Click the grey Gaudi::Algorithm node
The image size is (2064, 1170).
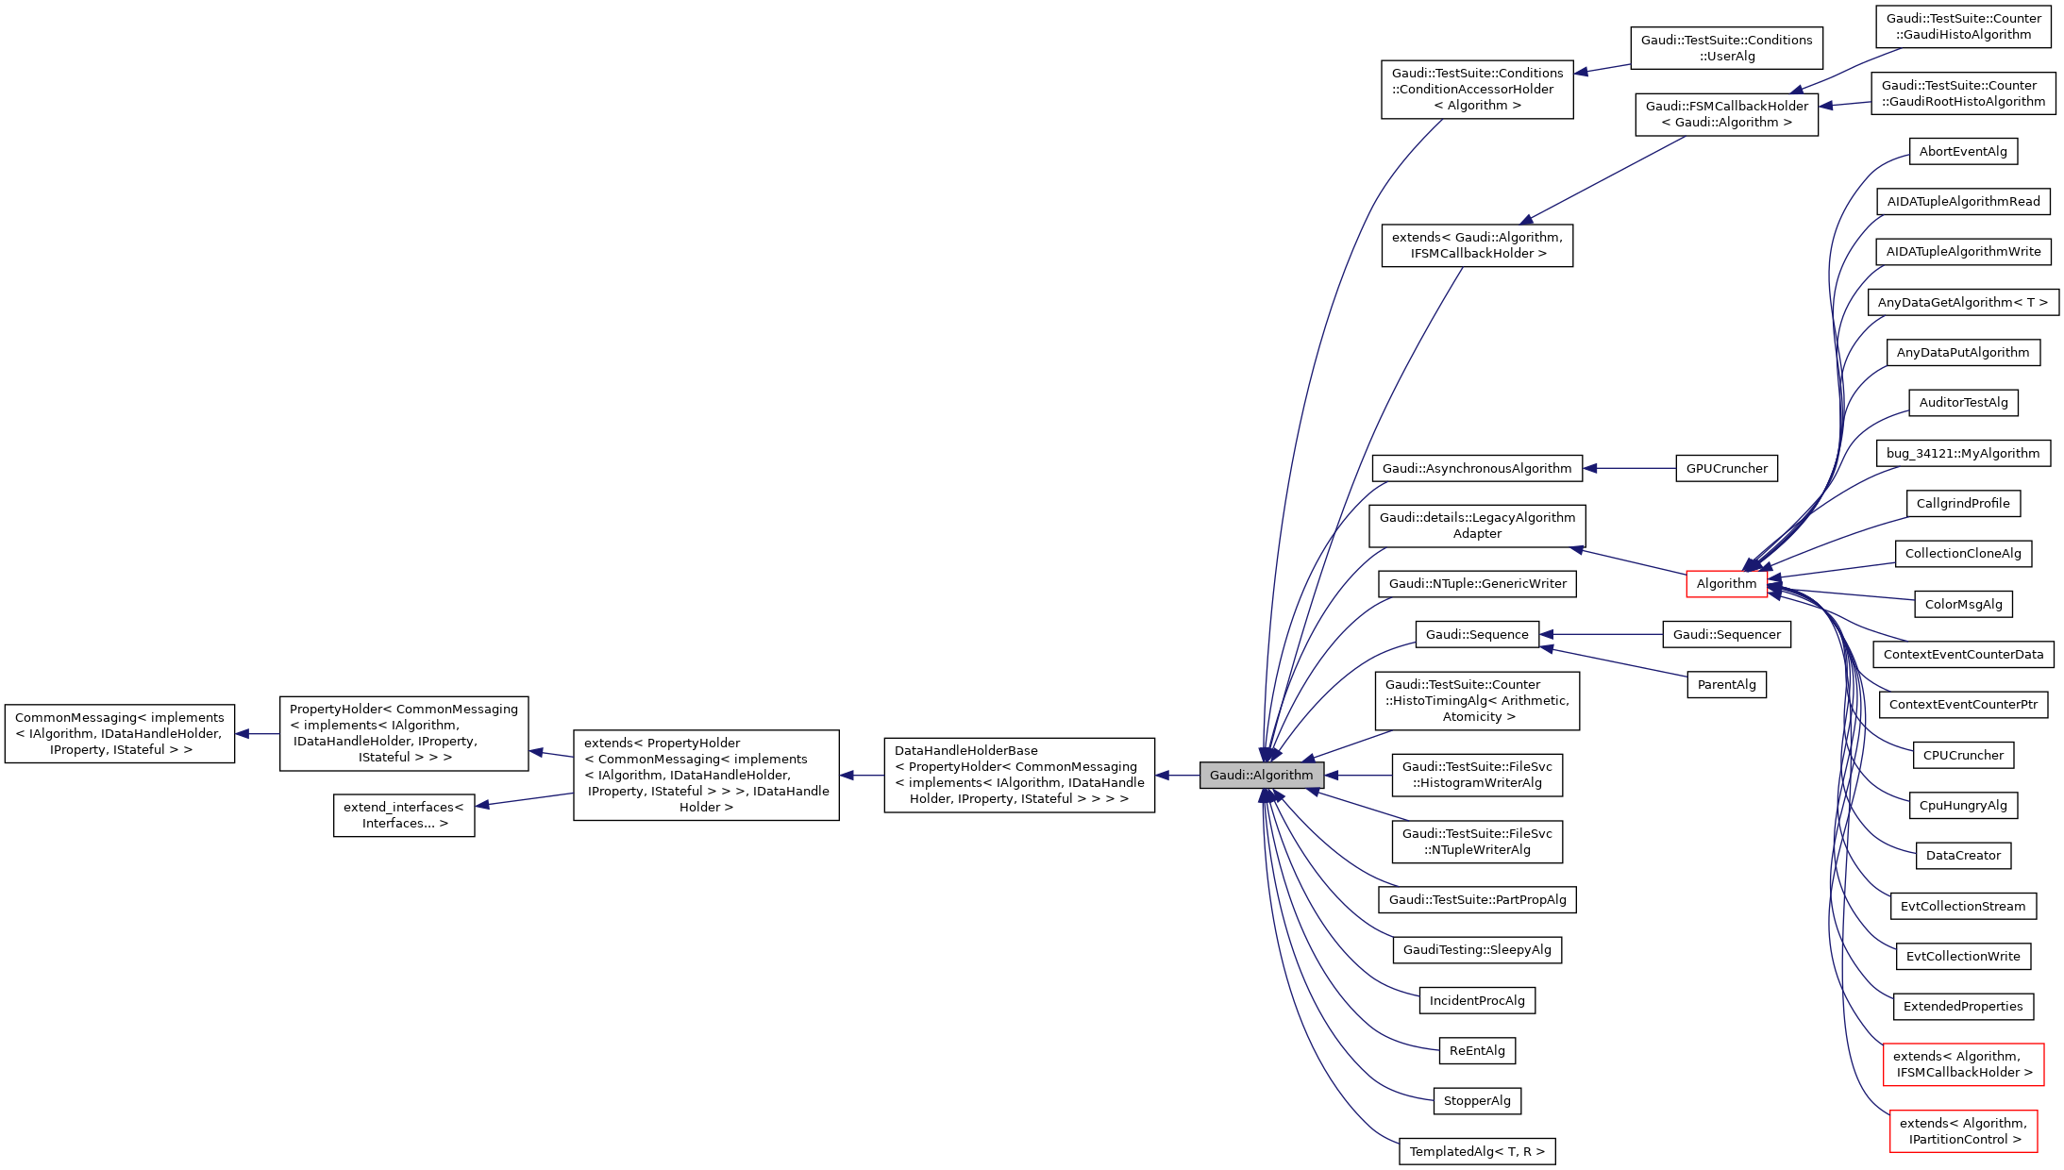coord(1261,775)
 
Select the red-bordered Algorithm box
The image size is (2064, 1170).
coord(1726,583)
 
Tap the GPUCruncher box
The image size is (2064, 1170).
coord(1726,468)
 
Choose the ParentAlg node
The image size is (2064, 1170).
coord(1726,684)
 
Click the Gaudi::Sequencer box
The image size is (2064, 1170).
coord(1726,634)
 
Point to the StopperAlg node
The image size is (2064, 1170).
coord(1477,1100)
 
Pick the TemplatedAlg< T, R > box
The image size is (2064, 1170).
coord(1477,1151)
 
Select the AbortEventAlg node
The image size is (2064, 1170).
coord(1963,151)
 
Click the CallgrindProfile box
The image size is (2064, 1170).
coord(1963,503)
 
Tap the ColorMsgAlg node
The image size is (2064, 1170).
coord(1963,604)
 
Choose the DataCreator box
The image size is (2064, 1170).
coord(1963,855)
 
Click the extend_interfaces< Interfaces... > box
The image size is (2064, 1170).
coord(404,815)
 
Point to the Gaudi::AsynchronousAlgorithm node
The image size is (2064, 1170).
coord(1477,468)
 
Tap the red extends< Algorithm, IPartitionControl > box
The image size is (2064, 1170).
coord(1963,1130)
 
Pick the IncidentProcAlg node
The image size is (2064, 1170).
coord(1477,1000)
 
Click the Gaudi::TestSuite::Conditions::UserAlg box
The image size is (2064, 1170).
coord(1726,48)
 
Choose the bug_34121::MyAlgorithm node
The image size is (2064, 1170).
coord(1963,453)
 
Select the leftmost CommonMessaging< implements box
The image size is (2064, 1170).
coord(120,733)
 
